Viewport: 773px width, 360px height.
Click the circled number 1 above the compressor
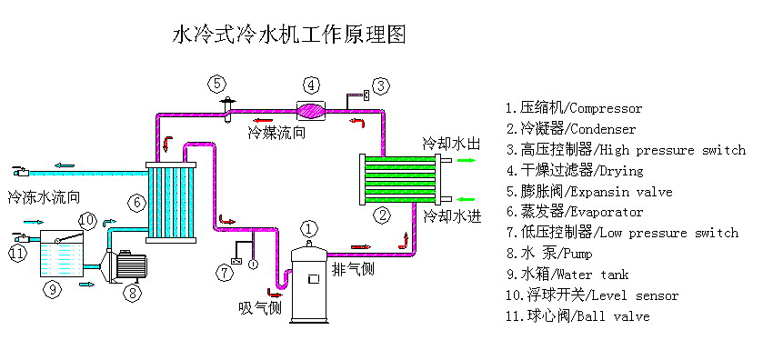coord(310,228)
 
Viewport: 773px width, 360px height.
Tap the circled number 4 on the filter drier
coord(311,85)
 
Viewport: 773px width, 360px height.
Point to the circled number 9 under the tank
coord(53,289)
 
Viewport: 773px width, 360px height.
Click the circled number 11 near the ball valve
coord(17,253)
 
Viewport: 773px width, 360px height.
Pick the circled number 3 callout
coord(382,86)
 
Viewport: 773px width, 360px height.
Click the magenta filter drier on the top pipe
coord(311,109)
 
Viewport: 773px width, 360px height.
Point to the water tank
coord(61,255)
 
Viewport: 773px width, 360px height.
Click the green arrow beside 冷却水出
coord(466,159)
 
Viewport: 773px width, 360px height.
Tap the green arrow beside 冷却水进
coord(466,199)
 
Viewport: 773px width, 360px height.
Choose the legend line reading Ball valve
coord(577,316)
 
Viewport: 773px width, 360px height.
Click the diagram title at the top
coord(288,35)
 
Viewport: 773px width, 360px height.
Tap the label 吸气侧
coord(260,307)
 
